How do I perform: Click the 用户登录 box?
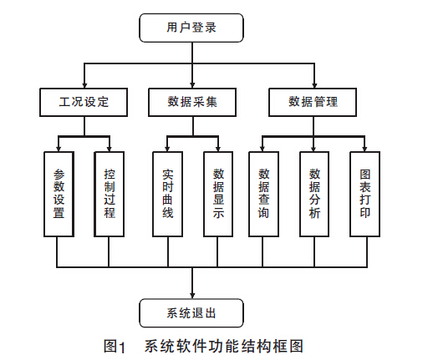(x=191, y=28)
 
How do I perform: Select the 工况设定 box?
(x=84, y=102)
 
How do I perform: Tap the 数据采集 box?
(x=192, y=102)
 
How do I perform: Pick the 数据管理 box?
(x=313, y=102)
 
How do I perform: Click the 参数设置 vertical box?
(x=59, y=194)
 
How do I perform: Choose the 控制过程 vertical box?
(x=110, y=194)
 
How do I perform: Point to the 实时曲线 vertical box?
(x=168, y=194)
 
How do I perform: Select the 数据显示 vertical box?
(x=218, y=194)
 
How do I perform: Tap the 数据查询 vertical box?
(x=263, y=194)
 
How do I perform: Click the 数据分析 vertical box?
(x=314, y=194)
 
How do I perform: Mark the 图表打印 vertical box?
(x=365, y=194)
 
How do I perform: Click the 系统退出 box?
(x=191, y=313)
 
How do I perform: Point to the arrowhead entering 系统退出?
(x=192, y=296)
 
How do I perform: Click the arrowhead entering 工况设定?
(x=84, y=85)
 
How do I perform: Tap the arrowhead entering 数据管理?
(x=314, y=85)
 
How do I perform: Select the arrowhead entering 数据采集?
(x=192, y=85)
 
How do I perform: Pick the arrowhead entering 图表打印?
(x=364, y=149)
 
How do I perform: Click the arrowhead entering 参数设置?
(x=59, y=149)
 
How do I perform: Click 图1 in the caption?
(x=115, y=347)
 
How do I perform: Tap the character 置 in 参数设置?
(x=59, y=212)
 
